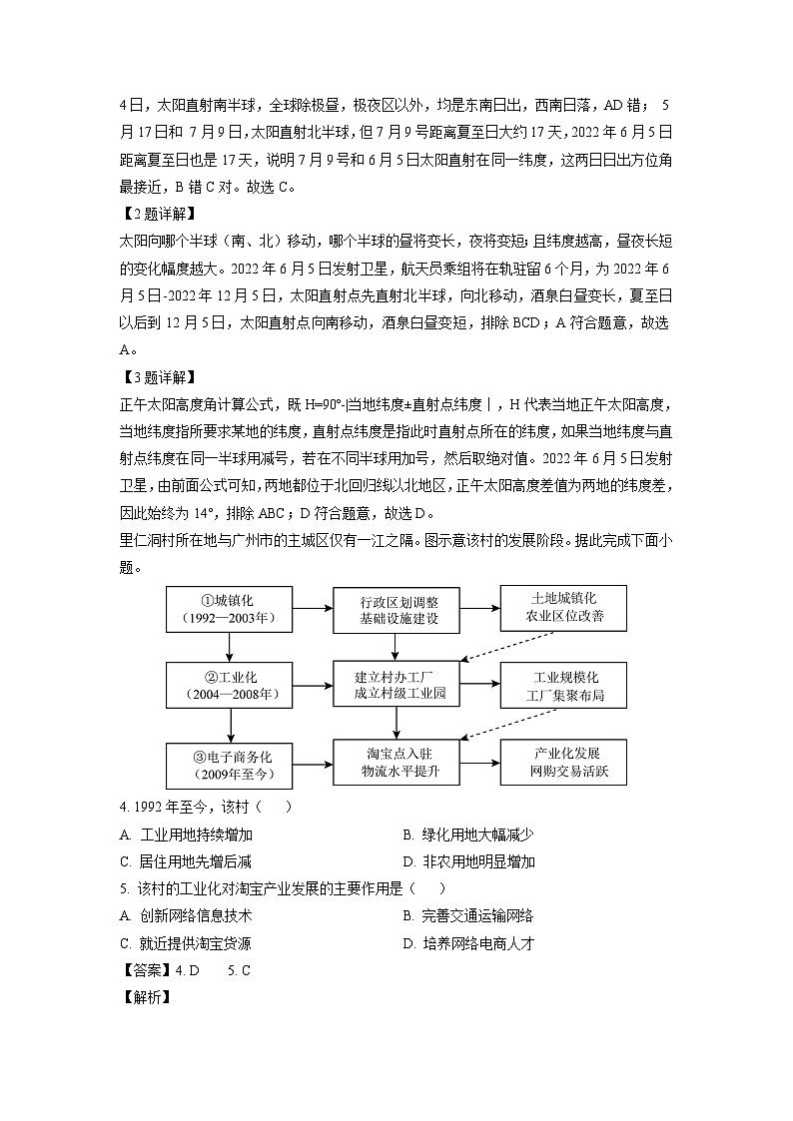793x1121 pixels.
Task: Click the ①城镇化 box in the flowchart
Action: (x=230, y=610)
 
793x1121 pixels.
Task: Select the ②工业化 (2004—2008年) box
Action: (x=230, y=685)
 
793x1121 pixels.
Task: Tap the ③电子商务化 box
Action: (x=230, y=763)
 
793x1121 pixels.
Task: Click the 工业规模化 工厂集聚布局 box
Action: (x=564, y=685)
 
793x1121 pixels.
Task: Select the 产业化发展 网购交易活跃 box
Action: (x=564, y=763)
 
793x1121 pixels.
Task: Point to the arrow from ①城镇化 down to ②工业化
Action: (x=230, y=648)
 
